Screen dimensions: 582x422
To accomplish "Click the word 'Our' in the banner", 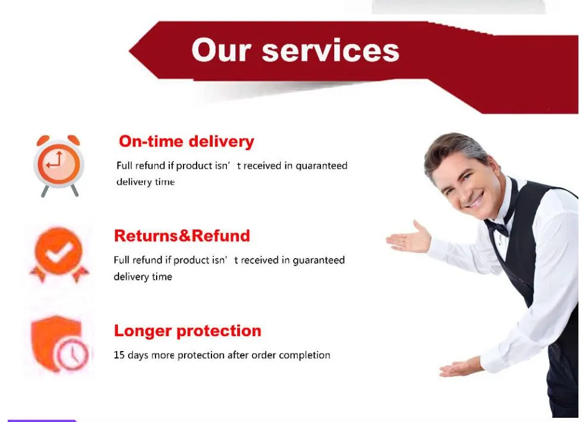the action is point(221,50).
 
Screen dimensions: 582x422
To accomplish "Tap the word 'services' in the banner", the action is point(331,51).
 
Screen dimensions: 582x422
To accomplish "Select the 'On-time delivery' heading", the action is point(186,141).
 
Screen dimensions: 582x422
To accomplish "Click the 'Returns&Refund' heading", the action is point(182,236).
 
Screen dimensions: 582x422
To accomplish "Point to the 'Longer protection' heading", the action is point(188,331).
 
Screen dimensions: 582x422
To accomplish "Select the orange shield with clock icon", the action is point(60,343).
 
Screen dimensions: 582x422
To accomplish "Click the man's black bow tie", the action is point(497,226).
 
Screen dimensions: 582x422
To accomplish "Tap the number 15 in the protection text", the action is point(119,355).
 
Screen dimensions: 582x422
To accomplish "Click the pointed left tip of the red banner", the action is point(129,51).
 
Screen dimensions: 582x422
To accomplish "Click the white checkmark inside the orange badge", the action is point(58,252).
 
